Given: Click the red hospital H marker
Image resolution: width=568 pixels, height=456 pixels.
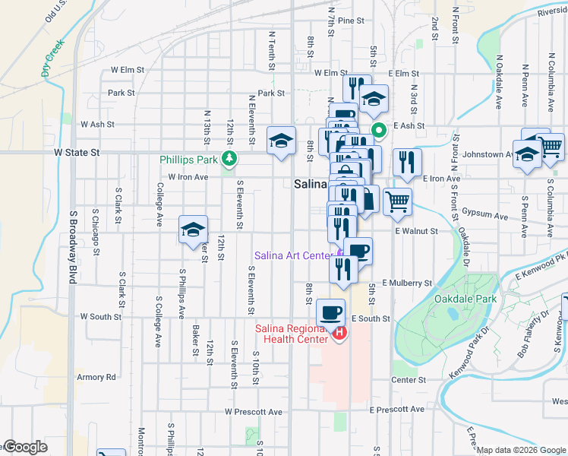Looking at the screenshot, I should point(339,333).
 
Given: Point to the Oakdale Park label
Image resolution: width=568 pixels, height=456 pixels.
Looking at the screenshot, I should point(465,299).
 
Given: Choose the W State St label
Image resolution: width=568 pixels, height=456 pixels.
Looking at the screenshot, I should point(77,152).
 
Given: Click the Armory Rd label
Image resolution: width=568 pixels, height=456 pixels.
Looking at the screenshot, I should point(96,376).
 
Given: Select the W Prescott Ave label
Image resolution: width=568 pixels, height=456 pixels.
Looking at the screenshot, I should point(253,411).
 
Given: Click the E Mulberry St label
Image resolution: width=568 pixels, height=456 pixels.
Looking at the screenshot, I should point(407,283).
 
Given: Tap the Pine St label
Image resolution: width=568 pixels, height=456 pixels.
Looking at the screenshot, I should point(352,21).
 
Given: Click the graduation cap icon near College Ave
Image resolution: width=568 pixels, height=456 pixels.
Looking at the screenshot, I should point(193,229).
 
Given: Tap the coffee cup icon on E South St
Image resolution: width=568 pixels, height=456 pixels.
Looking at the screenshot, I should point(330,312).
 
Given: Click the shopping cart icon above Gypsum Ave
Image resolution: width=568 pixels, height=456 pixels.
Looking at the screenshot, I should point(397,201).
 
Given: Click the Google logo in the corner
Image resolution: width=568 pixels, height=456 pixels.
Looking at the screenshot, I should point(24,448).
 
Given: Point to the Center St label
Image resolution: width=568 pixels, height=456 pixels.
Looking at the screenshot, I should point(409,379).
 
